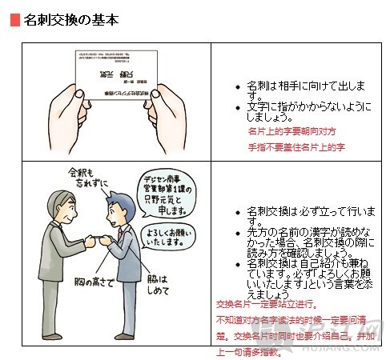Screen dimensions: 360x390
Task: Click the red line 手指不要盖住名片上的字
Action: (x=296, y=148)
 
